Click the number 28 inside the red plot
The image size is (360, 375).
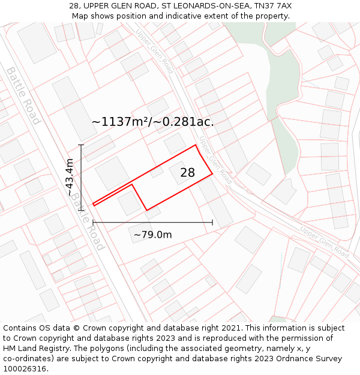pos(187,173)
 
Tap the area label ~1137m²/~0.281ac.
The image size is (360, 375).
pos(152,122)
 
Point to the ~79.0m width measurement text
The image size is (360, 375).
pos(152,235)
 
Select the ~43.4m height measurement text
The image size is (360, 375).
pos(70,178)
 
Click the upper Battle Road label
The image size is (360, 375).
pos(23,95)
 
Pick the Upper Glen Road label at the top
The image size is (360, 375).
pos(154,52)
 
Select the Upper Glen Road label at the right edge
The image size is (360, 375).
pos(324,241)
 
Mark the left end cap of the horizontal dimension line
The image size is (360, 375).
pos(93,223)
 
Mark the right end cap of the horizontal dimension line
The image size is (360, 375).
pos(212,223)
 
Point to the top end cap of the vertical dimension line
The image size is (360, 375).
pos(81,145)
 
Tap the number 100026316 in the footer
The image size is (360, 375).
pos(26,369)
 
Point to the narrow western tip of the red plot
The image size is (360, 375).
pos(94,204)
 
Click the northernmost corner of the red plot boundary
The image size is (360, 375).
pos(196,145)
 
